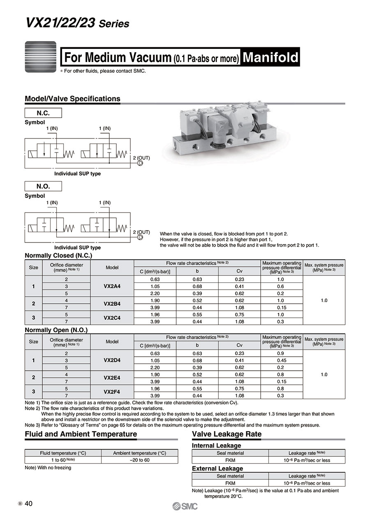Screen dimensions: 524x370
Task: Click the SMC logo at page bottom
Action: [x=185, y=506]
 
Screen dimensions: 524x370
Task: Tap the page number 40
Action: [x=29, y=504]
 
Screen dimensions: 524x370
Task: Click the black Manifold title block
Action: [x=270, y=57]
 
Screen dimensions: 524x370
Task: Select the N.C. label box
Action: [x=43, y=113]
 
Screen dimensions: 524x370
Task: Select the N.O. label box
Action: [x=43, y=186]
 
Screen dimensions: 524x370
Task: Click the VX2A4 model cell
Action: [x=112, y=286]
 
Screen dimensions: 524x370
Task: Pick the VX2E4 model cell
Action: [x=112, y=378]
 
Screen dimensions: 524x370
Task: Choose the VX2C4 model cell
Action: [x=112, y=318]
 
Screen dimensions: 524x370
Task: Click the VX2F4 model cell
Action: [x=112, y=392]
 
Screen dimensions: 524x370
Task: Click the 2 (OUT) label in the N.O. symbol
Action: [x=141, y=232]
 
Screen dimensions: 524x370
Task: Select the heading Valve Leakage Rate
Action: [x=227, y=434]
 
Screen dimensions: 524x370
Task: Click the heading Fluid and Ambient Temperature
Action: [x=81, y=434]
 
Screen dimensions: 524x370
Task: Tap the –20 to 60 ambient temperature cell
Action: [x=140, y=460]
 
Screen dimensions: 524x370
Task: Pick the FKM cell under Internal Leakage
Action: [x=230, y=460]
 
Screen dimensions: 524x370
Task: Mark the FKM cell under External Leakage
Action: [x=230, y=483]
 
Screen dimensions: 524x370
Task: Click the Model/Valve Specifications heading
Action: [x=72, y=99]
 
